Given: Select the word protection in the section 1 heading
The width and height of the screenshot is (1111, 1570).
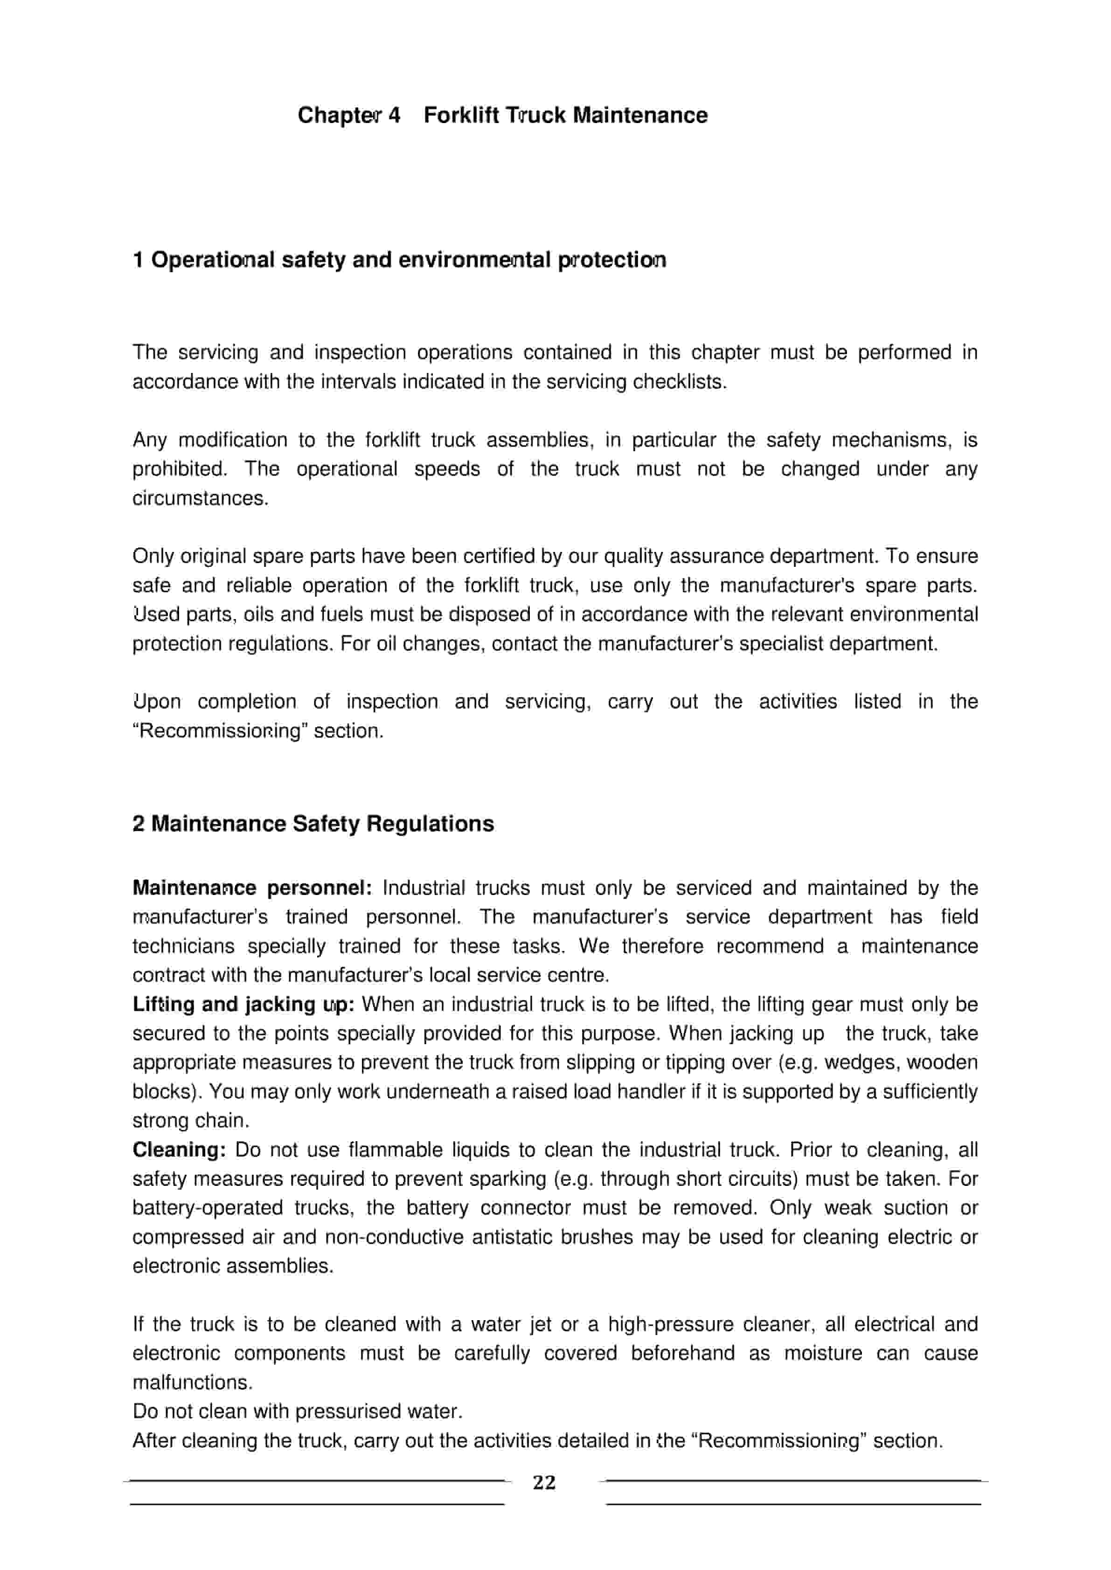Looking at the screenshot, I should (x=611, y=261).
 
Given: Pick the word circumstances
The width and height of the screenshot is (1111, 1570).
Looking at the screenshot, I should (x=200, y=498).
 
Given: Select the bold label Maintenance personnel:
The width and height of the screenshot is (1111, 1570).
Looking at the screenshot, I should (x=252, y=888).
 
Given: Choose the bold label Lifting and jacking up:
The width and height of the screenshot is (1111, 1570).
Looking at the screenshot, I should (x=243, y=1005).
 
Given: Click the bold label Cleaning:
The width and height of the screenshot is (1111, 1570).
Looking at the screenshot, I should (x=179, y=1150).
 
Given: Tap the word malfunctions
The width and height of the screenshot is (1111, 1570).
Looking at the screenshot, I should (x=192, y=1383).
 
